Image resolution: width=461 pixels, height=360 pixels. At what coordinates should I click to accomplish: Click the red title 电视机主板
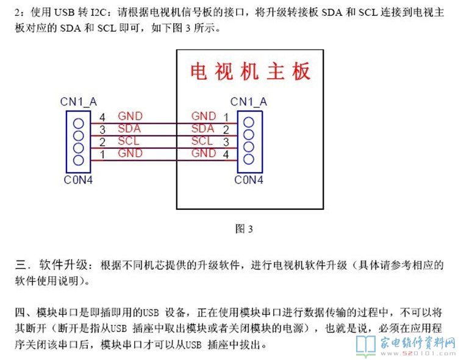pyautogui.click(x=251, y=71)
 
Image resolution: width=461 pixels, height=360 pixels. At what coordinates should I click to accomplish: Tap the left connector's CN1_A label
pyautogui.click(x=78, y=101)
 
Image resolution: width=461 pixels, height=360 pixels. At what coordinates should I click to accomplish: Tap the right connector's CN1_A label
pyautogui.click(x=248, y=101)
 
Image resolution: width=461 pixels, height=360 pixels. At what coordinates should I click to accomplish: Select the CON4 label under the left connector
pyautogui.click(x=78, y=180)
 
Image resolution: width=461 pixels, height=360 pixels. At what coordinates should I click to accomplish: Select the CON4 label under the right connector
pyautogui.click(x=249, y=180)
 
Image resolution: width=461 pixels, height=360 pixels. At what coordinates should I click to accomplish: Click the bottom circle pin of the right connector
pyautogui.click(x=249, y=159)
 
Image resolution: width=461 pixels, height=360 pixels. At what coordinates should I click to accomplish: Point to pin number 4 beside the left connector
pyautogui.click(x=102, y=116)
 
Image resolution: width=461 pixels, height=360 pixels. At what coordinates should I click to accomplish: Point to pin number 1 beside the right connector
pyautogui.click(x=226, y=117)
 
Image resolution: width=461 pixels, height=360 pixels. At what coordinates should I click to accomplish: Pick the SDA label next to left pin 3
pyautogui.click(x=129, y=129)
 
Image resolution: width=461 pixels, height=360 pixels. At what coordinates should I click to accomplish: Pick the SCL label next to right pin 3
pyautogui.click(x=202, y=141)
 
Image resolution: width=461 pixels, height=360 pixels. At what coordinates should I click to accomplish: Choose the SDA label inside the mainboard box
pyautogui.click(x=202, y=129)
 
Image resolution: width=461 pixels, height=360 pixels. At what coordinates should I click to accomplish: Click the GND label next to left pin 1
pyautogui.click(x=130, y=153)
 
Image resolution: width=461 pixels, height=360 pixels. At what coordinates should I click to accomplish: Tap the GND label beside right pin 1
pyautogui.click(x=204, y=116)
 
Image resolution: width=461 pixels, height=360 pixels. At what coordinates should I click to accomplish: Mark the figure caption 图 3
pyautogui.click(x=244, y=229)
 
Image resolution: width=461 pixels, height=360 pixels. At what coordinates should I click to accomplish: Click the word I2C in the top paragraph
pyautogui.click(x=98, y=12)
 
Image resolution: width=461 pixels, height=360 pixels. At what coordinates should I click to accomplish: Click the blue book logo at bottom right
pyautogui.click(x=365, y=345)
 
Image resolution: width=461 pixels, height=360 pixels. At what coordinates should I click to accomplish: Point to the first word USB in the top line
pyautogui.click(x=65, y=12)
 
